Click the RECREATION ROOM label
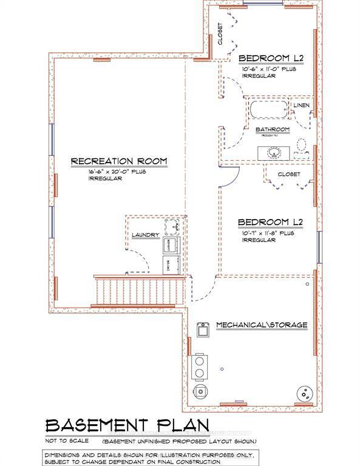(118, 161)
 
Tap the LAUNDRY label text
(145, 235)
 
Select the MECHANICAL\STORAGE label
(262, 325)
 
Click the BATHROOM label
(272, 129)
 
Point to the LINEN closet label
(302, 106)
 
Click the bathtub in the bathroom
(268, 112)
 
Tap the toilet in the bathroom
(301, 146)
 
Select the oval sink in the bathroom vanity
(276, 152)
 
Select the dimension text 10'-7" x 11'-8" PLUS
(268, 232)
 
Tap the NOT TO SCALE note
(67, 440)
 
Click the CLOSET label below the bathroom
(289, 174)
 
